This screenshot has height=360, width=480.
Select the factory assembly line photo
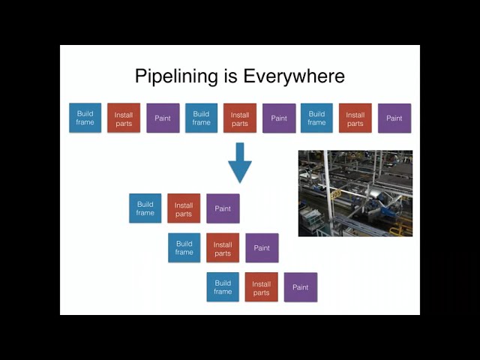click(x=355, y=193)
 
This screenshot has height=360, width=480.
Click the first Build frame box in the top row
click(x=85, y=118)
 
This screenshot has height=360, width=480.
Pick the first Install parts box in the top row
click(x=124, y=118)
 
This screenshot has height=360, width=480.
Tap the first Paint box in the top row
click(x=163, y=118)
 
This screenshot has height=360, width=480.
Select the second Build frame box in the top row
click(x=201, y=118)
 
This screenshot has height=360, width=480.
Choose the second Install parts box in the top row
click(x=240, y=118)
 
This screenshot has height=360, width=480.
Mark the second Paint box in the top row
click(x=279, y=118)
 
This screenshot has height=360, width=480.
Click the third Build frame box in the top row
click(x=316, y=118)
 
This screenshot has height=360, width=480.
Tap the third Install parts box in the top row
click(x=355, y=118)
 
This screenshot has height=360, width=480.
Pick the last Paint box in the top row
click(x=394, y=118)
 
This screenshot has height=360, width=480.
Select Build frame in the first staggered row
click(x=145, y=208)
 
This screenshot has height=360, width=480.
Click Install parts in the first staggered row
click(x=184, y=208)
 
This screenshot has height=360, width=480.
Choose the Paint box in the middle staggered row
click(x=262, y=248)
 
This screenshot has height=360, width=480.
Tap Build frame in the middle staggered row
click(x=184, y=247)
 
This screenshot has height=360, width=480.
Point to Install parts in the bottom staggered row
click(x=261, y=287)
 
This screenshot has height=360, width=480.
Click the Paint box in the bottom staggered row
click(x=301, y=287)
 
